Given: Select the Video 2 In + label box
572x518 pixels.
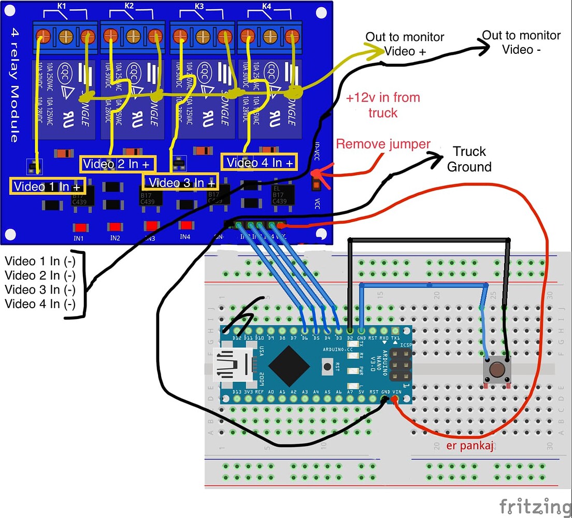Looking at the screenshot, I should (117, 164).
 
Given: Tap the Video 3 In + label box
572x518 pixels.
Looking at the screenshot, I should (180, 182).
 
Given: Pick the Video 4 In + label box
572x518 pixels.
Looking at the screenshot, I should (259, 162).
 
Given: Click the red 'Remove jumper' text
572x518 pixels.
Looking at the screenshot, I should (383, 143).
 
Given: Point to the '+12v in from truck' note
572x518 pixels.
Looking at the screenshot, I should (383, 105).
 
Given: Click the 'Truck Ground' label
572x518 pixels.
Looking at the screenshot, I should (469, 159).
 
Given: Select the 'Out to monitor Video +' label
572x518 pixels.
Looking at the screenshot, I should (405, 44).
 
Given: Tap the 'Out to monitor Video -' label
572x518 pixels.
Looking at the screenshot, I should (521, 42).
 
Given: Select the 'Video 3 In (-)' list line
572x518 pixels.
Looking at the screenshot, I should (40, 289).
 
